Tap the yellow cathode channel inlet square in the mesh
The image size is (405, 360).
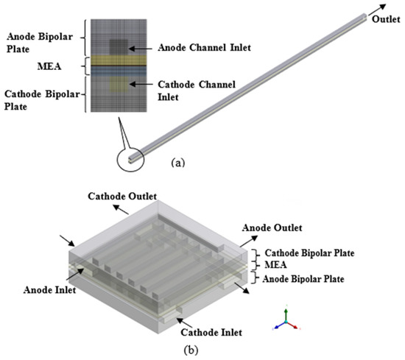click(118, 85)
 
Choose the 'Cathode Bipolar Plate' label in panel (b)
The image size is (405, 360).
click(310, 253)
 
